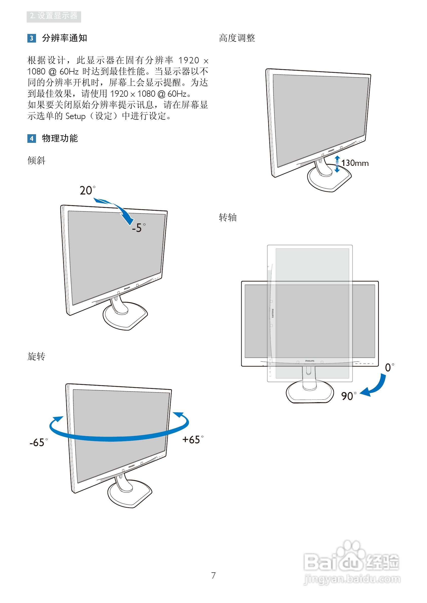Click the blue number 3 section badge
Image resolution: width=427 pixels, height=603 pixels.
pyautogui.click(x=31, y=38)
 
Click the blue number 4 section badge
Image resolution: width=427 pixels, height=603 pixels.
pyautogui.click(x=31, y=139)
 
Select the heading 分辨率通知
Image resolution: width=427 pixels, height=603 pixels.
pyautogui.click(x=64, y=38)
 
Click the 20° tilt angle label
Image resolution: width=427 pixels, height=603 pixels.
pyautogui.click(x=87, y=190)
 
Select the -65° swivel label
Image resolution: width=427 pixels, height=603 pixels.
pyautogui.click(x=39, y=442)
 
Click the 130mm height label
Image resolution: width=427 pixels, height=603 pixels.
pyautogui.click(x=355, y=163)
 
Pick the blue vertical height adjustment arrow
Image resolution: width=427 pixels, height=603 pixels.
pyautogui.click(x=337, y=164)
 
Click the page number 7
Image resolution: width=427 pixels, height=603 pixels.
pyautogui.click(x=213, y=575)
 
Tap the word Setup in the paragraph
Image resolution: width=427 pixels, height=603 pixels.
pyautogui.click(x=76, y=116)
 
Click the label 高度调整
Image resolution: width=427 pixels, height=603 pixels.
pyautogui.click(x=237, y=38)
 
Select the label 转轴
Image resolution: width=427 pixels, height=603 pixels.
pyautogui.click(x=228, y=218)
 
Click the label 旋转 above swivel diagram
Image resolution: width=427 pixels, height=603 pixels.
pyautogui.click(x=36, y=356)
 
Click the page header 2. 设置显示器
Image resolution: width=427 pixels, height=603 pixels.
pyautogui.click(x=54, y=16)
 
